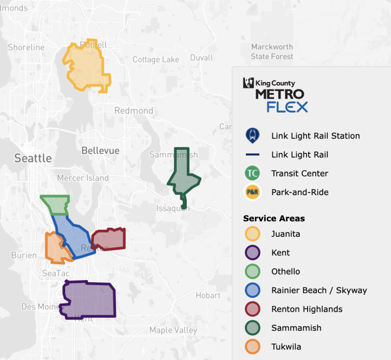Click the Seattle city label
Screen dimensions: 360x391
[33, 158]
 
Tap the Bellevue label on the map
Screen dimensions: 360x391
[100, 151]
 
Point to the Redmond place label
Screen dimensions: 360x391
[133, 110]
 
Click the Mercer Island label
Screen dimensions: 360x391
[83, 178]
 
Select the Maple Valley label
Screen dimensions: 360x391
[173, 330]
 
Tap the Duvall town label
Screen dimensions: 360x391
[201, 58]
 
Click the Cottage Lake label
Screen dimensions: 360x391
[156, 60]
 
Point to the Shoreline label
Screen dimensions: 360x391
[26, 47]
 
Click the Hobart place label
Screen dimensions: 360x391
[208, 295]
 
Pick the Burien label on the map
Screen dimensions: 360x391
[24, 256]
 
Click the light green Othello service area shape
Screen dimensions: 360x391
[56, 204]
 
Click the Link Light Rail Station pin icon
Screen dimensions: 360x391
[252, 136]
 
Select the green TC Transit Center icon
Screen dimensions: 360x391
[252, 174]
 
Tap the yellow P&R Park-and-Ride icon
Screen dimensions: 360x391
[252, 192]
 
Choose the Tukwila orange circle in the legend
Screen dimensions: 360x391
[252, 347]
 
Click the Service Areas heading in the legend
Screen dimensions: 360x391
[274, 218]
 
